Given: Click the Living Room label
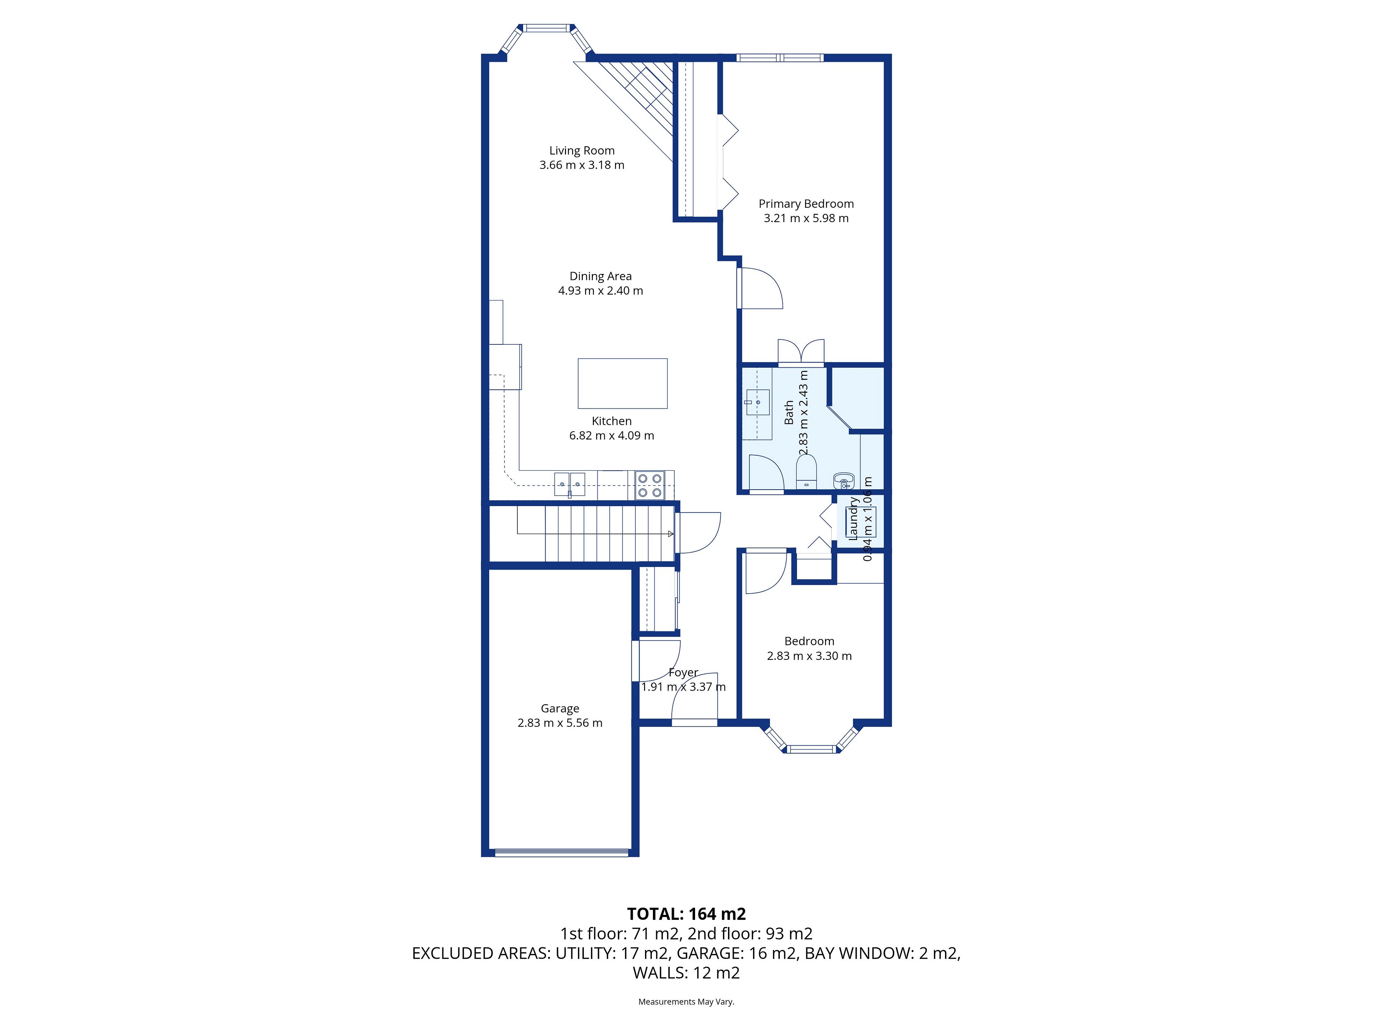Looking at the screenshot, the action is point(582,150).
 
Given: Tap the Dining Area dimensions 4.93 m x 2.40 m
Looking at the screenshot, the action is point(600,290).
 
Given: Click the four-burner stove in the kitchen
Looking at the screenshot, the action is point(650,486).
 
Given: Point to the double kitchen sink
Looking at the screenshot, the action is point(135,484).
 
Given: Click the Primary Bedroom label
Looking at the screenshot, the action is point(806,203).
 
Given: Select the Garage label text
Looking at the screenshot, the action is point(560,708).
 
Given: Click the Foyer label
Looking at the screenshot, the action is point(683,672).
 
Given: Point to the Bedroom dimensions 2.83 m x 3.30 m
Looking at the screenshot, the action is point(809,656).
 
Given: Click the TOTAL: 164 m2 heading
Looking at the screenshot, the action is point(686,914).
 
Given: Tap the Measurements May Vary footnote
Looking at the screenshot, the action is point(686,1001).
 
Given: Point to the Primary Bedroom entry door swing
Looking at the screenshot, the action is point(761,288).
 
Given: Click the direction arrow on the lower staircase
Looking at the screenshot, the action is point(670,534).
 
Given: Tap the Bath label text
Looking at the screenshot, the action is point(789,412).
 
